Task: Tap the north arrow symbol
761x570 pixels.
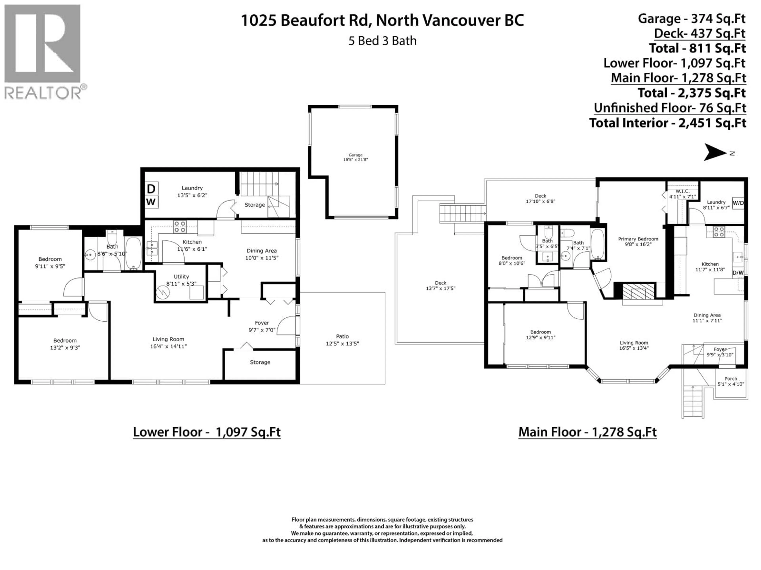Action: [x=716, y=152]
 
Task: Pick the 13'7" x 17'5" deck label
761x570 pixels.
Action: [x=440, y=286]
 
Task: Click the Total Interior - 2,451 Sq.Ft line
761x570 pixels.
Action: [x=667, y=123]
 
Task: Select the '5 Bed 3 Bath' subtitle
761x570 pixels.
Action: [x=382, y=41]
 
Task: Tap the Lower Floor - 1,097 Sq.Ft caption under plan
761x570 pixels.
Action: [x=207, y=432]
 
